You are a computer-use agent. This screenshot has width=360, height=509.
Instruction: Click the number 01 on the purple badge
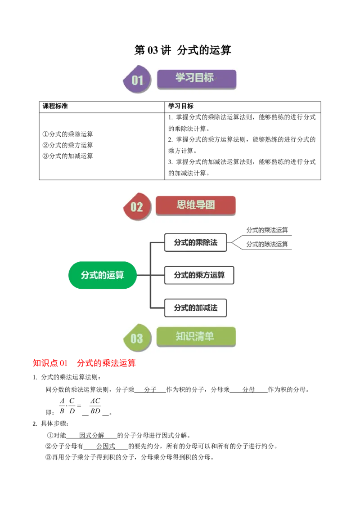point(137,80)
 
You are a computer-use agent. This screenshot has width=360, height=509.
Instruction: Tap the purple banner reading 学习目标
point(196,78)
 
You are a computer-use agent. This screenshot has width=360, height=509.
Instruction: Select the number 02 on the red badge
point(136,207)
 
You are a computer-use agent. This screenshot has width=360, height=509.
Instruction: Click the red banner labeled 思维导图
point(195,205)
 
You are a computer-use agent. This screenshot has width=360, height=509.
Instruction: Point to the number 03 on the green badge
point(136,338)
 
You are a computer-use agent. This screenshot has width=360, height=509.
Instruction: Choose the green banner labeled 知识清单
point(196,336)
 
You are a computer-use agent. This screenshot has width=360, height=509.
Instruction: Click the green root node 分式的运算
point(102,275)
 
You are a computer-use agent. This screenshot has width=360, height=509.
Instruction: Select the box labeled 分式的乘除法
point(195,242)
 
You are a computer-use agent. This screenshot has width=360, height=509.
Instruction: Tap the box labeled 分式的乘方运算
point(199,275)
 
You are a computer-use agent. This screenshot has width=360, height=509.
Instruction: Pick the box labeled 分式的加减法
point(195,308)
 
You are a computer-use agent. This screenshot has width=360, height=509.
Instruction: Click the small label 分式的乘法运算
point(267,230)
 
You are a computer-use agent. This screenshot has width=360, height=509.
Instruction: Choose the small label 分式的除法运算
point(267,245)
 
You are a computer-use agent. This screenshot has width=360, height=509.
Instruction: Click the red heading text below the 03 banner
point(84,363)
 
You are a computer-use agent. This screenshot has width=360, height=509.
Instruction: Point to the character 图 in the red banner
point(210,205)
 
